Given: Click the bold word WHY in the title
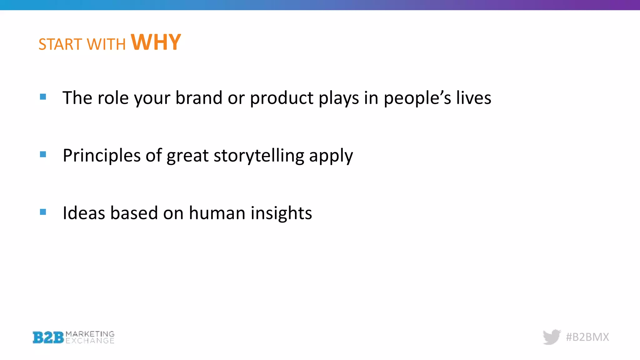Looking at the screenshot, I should (156, 42).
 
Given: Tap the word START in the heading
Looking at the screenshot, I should (60, 44).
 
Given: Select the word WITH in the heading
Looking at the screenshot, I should (106, 44).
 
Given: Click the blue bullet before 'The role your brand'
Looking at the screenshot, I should (43, 97).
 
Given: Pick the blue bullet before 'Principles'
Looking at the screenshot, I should (43, 154).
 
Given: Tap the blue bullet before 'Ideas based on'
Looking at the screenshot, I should (43, 212).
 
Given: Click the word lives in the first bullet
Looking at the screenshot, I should (473, 98).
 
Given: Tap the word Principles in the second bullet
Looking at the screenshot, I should (102, 156).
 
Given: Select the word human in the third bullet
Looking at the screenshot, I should (217, 213).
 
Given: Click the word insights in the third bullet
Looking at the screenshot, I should (281, 213).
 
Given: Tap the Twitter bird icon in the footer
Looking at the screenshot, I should (552, 337).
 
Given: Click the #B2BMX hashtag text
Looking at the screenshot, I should (587, 337).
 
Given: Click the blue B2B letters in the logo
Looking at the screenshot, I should (48, 337).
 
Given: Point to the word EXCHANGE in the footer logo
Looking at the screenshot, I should (90, 341).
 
